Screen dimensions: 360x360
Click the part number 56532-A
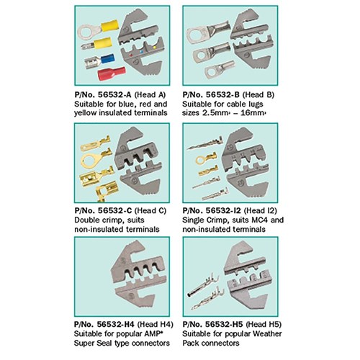[x=114, y=95]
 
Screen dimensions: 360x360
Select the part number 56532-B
[x=222, y=95]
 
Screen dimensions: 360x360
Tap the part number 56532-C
[x=115, y=210]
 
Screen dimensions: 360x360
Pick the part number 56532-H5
[x=224, y=324]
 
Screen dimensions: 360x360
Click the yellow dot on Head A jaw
[x=154, y=48]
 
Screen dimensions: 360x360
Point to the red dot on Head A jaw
[x=130, y=55]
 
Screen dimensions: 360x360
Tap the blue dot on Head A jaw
[x=141, y=52]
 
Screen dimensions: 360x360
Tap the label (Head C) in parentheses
[x=150, y=210]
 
